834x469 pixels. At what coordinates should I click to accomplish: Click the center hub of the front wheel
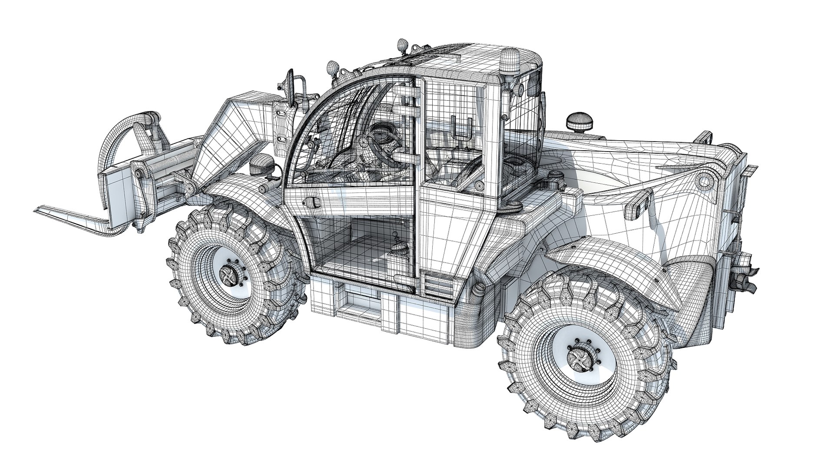pyautogui.click(x=229, y=274)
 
